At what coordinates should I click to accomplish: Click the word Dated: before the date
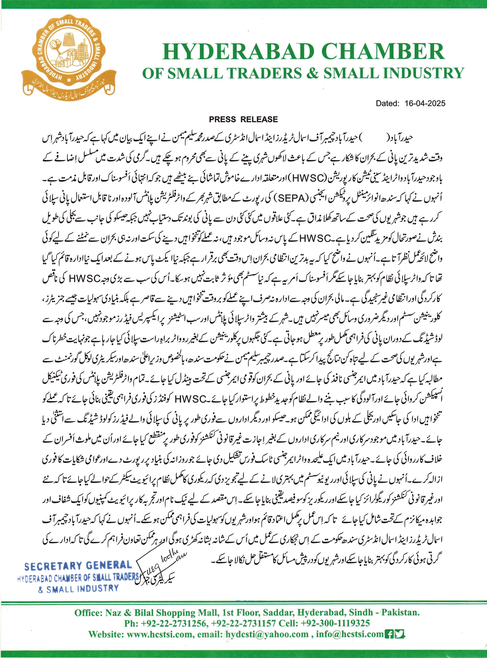[x=387, y=103]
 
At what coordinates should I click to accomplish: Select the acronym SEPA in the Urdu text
[x=291, y=198]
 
